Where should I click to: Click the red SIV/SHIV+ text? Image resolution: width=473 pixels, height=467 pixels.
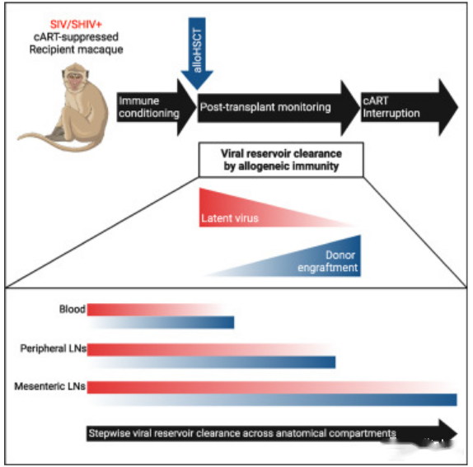pyautogui.click(x=76, y=25)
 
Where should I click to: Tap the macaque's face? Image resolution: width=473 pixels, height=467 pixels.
pyautogui.click(x=73, y=80)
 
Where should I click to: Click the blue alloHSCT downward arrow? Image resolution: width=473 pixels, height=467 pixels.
pyautogui.click(x=197, y=54)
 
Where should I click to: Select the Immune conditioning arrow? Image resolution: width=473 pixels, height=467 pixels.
pyautogui.click(x=157, y=107)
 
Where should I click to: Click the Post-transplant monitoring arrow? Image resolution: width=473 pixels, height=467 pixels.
pyautogui.click(x=279, y=108)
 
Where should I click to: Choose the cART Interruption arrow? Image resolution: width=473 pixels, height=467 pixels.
pyautogui.click(x=410, y=107)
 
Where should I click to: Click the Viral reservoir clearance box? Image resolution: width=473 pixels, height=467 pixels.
pyautogui.click(x=281, y=160)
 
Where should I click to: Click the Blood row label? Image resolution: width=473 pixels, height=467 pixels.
pyautogui.click(x=72, y=309)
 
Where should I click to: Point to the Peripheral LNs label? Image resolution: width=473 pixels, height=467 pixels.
pyautogui.click(x=53, y=348)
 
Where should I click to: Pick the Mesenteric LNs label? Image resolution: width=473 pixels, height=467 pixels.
pyautogui.click(x=50, y=386)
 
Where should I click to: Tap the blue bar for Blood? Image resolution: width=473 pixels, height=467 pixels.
pyautogui.click(x=162, y=323)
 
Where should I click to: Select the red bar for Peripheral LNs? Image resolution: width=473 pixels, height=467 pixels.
pyautogui.click(x=209, y=350)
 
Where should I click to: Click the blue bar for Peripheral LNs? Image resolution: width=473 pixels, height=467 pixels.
pyautogui.click(x=212, y=362)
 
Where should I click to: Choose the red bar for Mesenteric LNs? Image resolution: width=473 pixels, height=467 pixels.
pyautogui.click(x=271, y=387)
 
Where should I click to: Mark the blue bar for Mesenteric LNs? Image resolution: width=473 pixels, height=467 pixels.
pyautogui.click(x=273, y=399)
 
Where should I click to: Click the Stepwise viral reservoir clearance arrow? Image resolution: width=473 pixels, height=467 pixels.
pyautogui.click(x=271, y=433)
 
